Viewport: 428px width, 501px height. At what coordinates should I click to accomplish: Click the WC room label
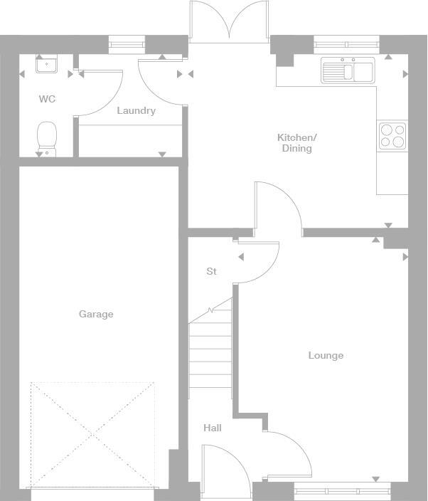(x=47, y=99)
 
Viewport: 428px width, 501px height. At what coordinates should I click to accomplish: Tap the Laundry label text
(x=136, y=110)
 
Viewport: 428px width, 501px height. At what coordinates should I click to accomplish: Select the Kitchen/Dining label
(x=296, y=142)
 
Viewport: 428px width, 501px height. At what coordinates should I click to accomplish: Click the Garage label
(x=96, y=314)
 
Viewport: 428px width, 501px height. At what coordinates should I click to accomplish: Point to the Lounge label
(x=326, y=355)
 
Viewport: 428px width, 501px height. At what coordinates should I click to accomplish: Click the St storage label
(x=211, y=271)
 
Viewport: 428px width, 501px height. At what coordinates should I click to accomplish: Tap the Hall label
(x=213, y=428)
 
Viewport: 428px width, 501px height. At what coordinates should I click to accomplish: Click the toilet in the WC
(x=47, y=137)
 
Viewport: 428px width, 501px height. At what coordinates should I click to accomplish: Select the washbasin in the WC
(x=47, y=65)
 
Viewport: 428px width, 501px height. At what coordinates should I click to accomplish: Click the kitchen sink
(x=348, y=71)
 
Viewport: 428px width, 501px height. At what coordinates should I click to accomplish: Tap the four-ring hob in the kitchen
(x=392, y=135)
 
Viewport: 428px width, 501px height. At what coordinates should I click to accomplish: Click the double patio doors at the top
(x=230, y=21)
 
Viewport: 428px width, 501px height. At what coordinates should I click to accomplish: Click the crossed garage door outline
(x=92, y=434)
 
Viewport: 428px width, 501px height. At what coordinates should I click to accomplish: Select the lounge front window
(x=342, y=491)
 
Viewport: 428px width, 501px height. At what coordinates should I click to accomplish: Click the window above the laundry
(x=127, y=44)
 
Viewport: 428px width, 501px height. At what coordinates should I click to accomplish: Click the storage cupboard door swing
(x=257, y=262)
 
